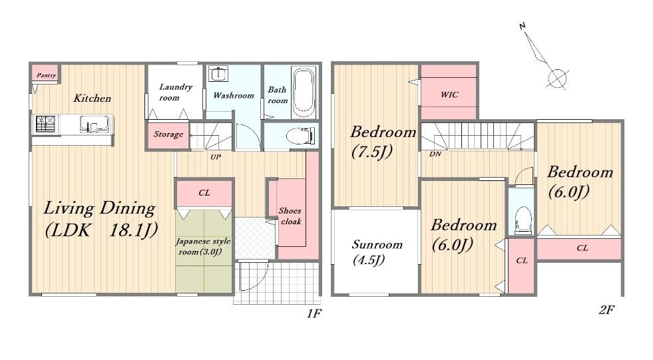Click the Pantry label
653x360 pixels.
(x=46, y=75)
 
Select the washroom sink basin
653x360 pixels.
(x=218, y=74)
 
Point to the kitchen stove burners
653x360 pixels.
(x=45, y=124)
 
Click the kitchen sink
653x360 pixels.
(x=95, y=124)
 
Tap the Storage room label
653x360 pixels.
(x=168, y=134)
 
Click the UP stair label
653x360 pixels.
(x=215, y=157)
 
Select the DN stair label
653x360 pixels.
(x=435, y=154)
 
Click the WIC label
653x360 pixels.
(x=449, y=94)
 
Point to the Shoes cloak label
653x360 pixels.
(x=290, y=216)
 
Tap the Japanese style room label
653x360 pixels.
(x=203, y=246)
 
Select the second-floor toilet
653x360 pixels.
(x=521, y=220)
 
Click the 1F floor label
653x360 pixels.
(x=314, y=313)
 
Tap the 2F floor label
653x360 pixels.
(x=606, y=310)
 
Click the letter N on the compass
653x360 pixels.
(x=523, y=26)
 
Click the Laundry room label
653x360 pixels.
(x=175, y=92)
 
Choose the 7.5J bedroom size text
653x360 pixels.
(x=372, y=152)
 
